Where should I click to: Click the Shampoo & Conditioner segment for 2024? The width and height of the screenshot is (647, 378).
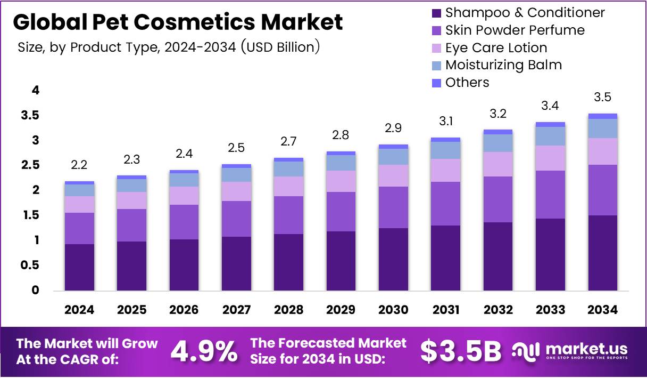[x=79, y=267]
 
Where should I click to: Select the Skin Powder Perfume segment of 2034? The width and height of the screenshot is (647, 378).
[x=603, y=190]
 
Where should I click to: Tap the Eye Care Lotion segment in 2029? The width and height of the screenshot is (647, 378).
[x=341, y=181]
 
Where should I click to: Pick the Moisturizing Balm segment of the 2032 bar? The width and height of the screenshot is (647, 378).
[x=498, y=143]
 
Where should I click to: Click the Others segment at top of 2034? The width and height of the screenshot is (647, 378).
[x=603, y=116]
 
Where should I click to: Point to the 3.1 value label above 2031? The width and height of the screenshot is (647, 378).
[x=446, y=122]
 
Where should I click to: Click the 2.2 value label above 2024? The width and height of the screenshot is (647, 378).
[x=79, y=165]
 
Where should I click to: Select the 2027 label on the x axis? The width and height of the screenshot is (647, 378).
[x=236, y=310]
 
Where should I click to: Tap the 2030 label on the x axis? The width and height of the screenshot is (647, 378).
[x=394, y=310]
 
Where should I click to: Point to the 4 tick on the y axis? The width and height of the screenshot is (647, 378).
[x=36, y=90]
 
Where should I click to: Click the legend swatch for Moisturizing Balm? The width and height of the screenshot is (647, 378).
[x=436, y=66]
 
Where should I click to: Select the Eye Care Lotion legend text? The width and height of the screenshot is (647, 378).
[x=496, y=48]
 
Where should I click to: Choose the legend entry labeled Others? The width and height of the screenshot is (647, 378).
[x=467, y=83]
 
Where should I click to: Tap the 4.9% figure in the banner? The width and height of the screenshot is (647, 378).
[x=204, y=351]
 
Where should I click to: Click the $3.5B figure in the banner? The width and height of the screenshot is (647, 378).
[x=461, y=351]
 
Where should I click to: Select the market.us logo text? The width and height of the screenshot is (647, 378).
[x=586, y=349]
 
